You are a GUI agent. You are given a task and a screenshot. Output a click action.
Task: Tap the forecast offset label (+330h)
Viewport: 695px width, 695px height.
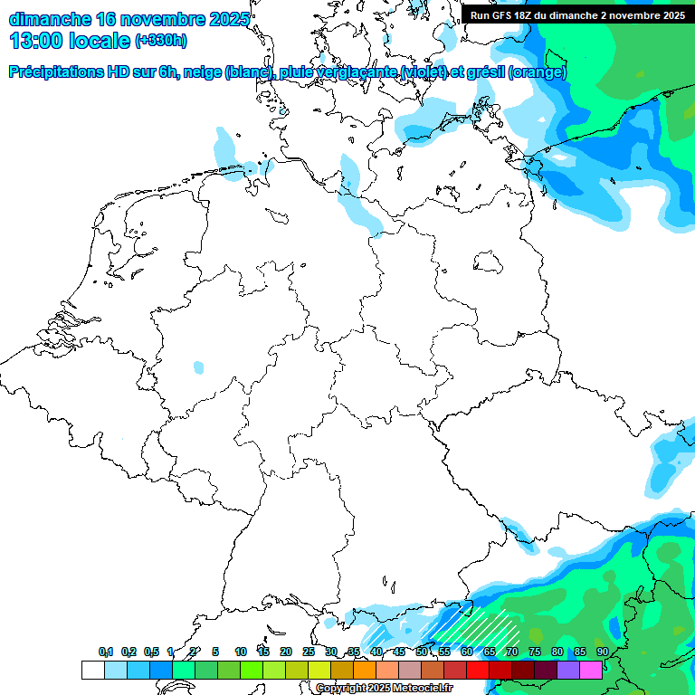pyautogui.click(x=161, y=41)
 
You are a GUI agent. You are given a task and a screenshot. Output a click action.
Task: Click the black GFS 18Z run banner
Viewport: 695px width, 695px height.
pyautogui.click(x=577, y=14)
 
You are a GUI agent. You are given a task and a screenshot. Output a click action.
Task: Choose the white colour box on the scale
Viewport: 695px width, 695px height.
pyautogui.click(x=92, y=670)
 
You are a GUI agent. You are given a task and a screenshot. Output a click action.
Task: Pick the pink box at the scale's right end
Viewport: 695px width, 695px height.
pyautogui.click(x=590, y=670)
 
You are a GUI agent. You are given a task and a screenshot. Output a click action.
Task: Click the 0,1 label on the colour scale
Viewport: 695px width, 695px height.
pyautogui.click(x=106, y=652)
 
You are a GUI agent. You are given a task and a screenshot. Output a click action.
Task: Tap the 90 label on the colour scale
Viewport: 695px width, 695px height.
pyautogui.click(x=602, y=652)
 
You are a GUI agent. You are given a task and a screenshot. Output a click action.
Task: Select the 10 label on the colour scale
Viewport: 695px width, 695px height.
pyautogui.click(x=241, y=652)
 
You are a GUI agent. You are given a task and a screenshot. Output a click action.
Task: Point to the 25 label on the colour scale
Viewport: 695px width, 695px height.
pyautogui.click(x=309, y=652)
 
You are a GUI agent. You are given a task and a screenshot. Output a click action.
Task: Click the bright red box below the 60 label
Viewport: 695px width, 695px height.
pyautogui.click(x=478, y=670)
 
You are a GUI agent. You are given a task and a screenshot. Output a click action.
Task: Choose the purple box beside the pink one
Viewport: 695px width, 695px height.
pyautogui.click(x=567, y=670)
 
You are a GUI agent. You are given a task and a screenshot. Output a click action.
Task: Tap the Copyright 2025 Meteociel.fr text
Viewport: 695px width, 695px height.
pyautogui.click(x=384, y=688)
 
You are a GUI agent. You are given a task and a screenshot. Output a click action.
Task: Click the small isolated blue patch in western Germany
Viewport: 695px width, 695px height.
pyautogui.click(x=199, y=367)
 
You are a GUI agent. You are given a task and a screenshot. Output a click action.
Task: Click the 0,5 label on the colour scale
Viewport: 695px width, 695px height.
pyautogui.click(x=151, y=652)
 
